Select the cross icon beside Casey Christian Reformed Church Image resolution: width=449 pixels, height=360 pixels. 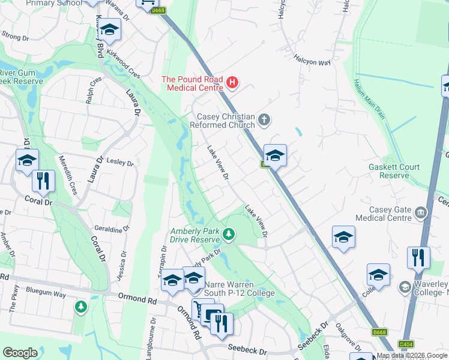(x=264, y=121)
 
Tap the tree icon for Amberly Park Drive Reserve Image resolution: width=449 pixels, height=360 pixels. (x=229, y=233)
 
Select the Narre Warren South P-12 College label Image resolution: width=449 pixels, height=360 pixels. (x=240, y=289)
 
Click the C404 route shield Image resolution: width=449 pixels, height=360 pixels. (x=406, y=344)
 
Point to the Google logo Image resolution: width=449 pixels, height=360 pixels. (x=20, y=353)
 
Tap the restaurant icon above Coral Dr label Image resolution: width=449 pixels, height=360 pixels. (x=43, y=181)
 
